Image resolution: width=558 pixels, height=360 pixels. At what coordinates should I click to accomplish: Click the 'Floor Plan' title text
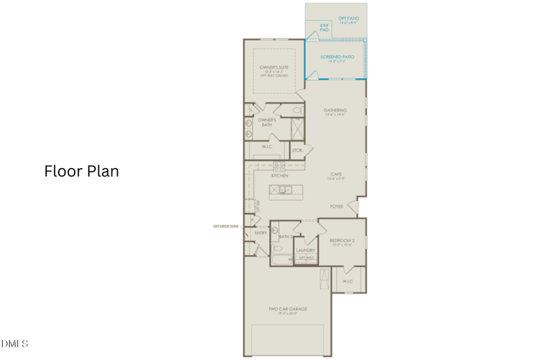82,171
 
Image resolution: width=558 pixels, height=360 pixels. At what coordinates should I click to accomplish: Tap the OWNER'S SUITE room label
273,68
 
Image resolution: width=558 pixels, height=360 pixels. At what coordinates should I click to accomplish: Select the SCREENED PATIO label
337,57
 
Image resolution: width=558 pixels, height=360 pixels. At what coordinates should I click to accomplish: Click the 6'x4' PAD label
324,28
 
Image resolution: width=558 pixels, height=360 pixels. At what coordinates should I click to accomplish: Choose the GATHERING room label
335,110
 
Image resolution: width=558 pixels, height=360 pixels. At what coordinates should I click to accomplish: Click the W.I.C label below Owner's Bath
266,147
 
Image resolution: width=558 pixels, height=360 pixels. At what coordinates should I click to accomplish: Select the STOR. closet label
296,150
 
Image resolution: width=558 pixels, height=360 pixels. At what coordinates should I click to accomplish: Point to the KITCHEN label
280,176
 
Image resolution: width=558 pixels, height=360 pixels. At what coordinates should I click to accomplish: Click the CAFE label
335,174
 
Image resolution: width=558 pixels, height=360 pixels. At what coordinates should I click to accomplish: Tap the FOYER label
338,207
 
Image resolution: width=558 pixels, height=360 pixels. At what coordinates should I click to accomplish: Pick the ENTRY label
260,233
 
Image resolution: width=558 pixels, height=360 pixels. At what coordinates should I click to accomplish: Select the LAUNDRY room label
306,250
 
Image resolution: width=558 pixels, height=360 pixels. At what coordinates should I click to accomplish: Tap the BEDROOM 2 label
342,241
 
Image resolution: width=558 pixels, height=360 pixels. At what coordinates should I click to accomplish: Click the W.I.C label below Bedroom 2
347,281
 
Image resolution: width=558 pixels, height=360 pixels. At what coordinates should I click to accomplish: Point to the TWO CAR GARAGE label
288,309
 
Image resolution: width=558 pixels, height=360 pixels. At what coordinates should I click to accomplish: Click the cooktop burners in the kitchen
279,166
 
